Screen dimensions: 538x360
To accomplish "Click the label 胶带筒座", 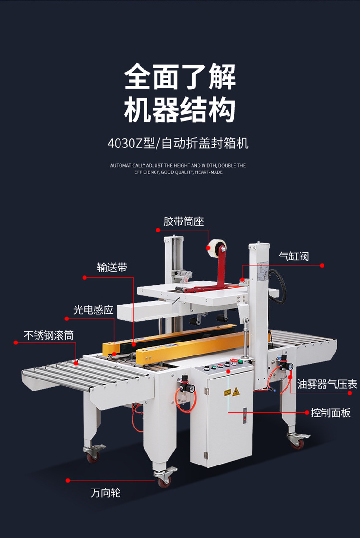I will click(183, 221).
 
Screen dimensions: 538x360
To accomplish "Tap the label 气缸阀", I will click(294, 256).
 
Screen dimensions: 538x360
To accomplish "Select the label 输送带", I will click(112, 268).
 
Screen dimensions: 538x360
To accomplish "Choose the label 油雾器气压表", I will click(326, 384).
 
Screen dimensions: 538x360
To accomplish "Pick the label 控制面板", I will click(331, 413).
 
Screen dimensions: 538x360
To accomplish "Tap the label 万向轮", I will click(105, 492).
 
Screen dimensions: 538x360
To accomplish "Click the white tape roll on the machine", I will click(213, 248).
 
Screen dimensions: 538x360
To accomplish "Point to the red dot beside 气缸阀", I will click(322, 265).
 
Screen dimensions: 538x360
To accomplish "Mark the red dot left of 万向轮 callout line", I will click(68, 480).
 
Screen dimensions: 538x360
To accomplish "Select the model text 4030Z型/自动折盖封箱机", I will click(179, 143).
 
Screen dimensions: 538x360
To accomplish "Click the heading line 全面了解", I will click(180, 77).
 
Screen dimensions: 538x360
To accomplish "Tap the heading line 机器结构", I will click(180, 110).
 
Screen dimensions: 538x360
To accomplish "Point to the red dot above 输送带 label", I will click(84, 277).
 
